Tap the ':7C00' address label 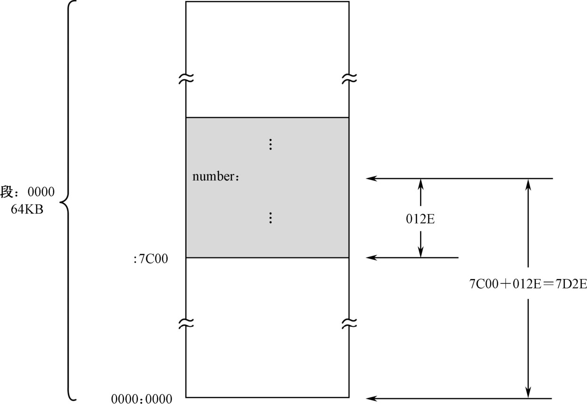coord(151,258)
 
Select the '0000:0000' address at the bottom coord(142,398)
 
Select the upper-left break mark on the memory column coord(186,78)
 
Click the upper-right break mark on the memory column coord(349,78)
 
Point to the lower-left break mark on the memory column coord(186,323)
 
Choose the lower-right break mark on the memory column coord(349,323)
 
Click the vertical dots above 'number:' coord(270,144)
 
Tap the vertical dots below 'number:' coord(270,217)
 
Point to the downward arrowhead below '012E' coord(421,252)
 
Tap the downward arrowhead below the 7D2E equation coord(529,393)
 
